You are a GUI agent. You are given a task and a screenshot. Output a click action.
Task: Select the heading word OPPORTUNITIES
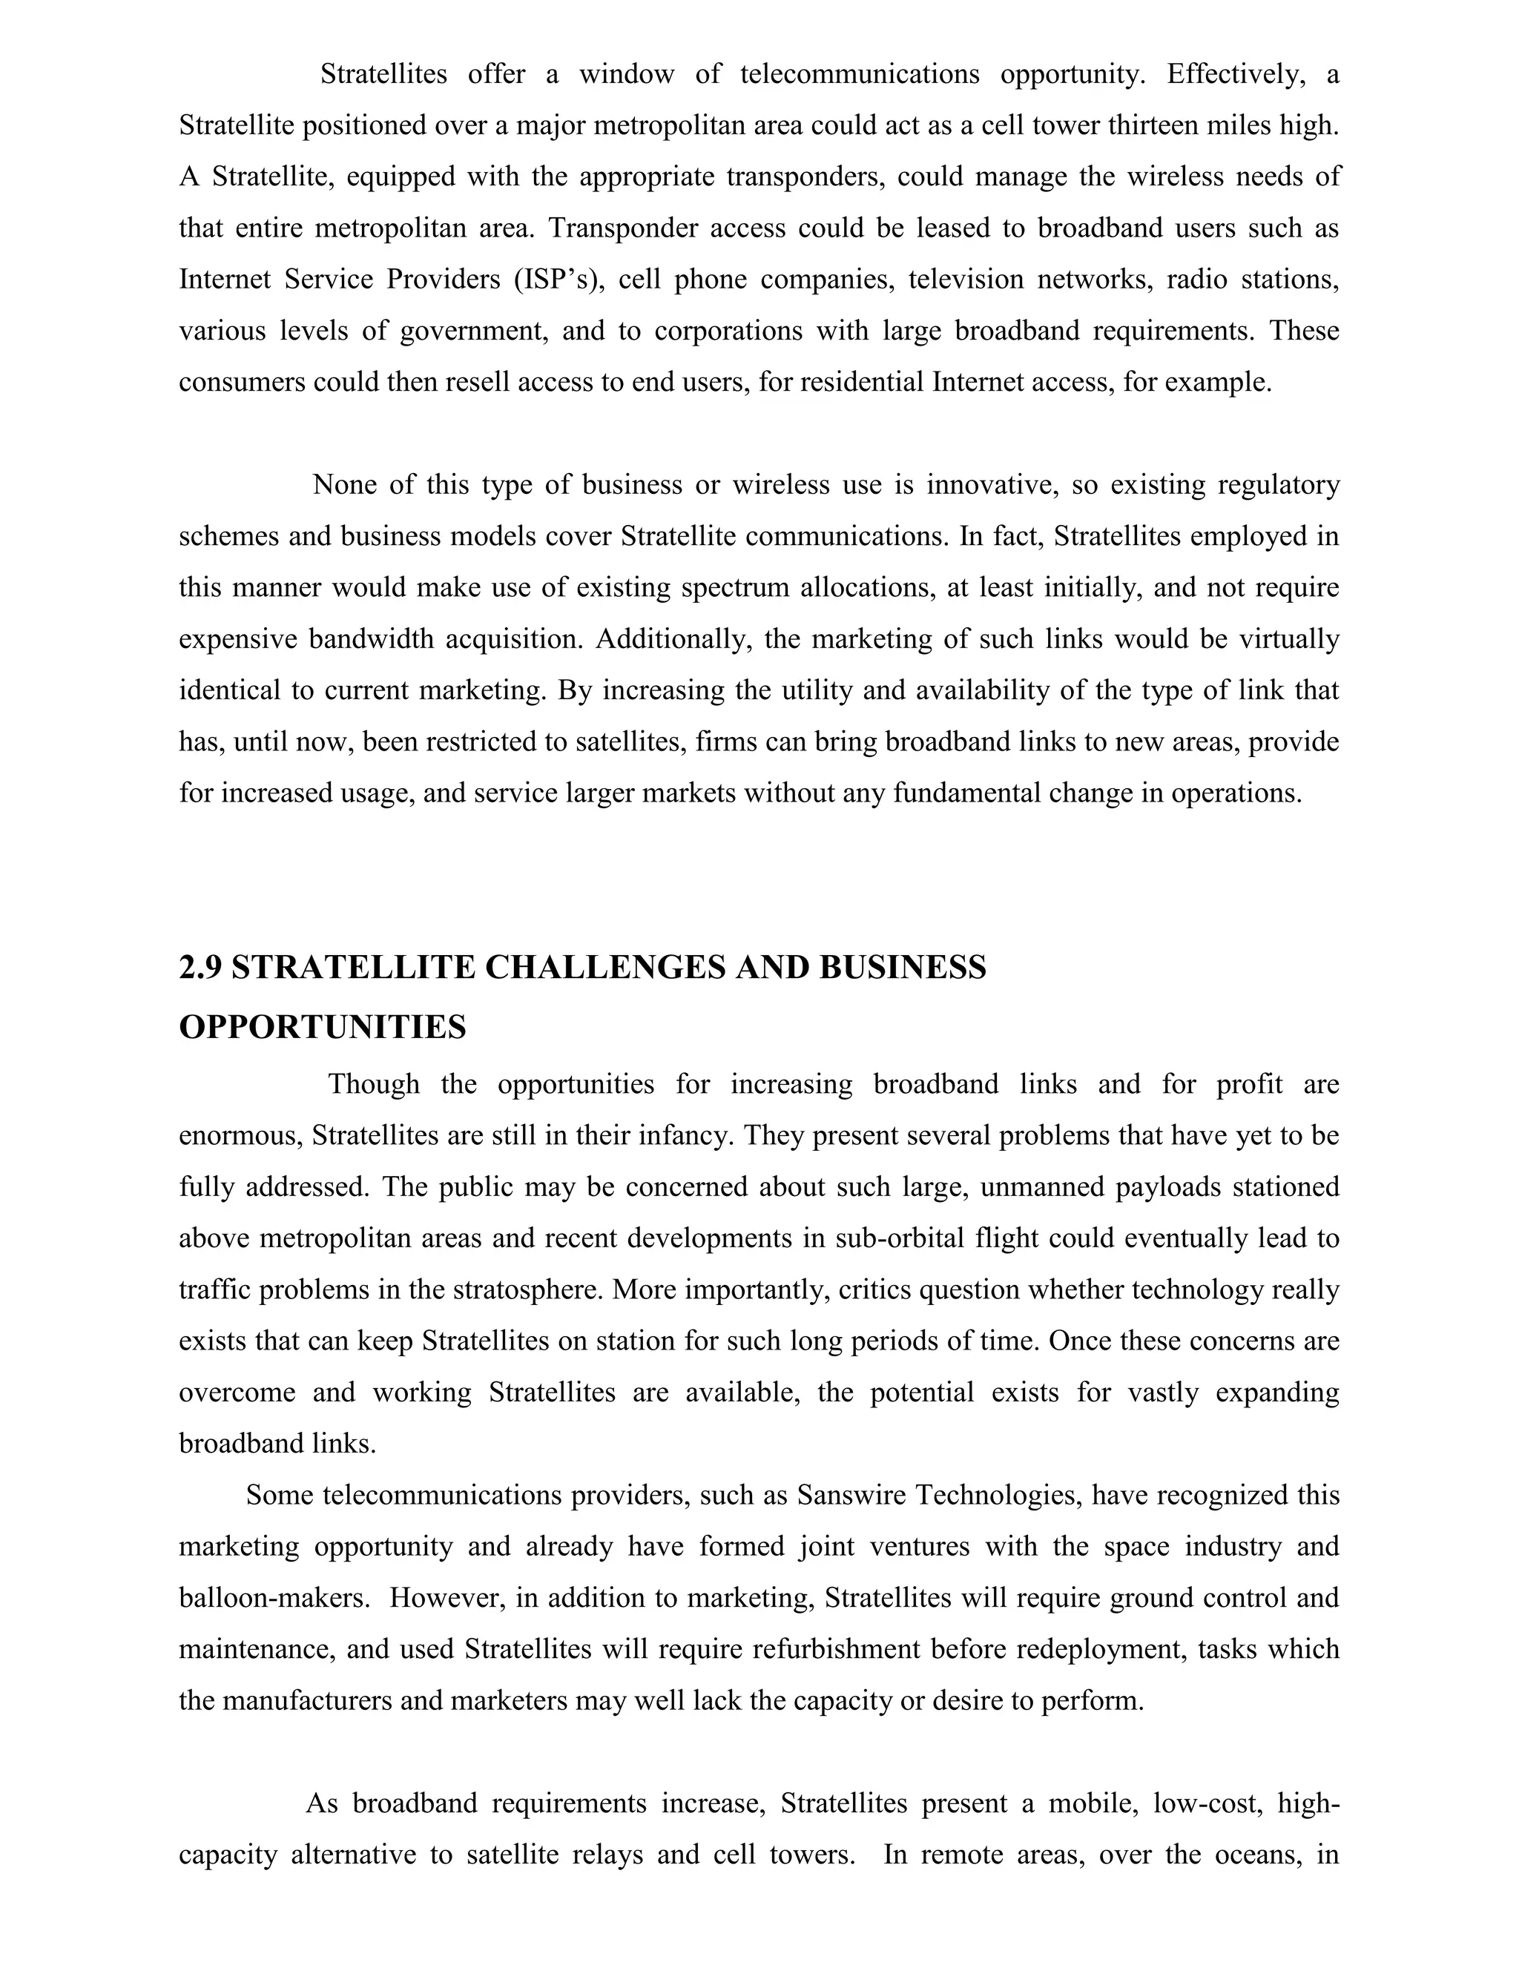(x=322, y=1026)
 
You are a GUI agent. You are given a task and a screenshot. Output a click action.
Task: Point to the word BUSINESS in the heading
(x=903, y=968)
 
